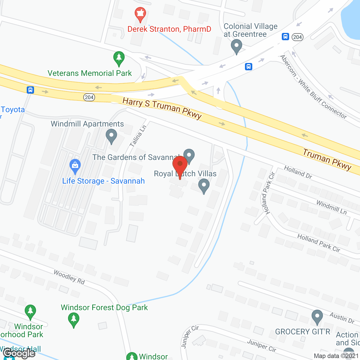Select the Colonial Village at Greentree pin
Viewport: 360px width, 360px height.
236,46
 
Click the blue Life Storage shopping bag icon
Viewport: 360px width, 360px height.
75,166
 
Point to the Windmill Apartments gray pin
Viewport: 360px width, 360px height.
111,136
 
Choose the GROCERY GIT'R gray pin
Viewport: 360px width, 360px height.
317,317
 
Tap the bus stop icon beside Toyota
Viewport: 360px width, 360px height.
30,90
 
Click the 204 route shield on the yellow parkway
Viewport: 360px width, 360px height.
89,97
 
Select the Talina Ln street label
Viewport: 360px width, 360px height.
138,136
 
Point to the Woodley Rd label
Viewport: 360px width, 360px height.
69,277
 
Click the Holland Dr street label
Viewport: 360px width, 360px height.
298,172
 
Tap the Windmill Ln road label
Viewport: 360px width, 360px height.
332,207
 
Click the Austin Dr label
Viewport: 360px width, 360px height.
342,318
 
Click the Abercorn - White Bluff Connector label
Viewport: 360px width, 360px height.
313,87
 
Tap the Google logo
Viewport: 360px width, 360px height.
19,353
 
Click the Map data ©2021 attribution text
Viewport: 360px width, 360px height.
336,356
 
